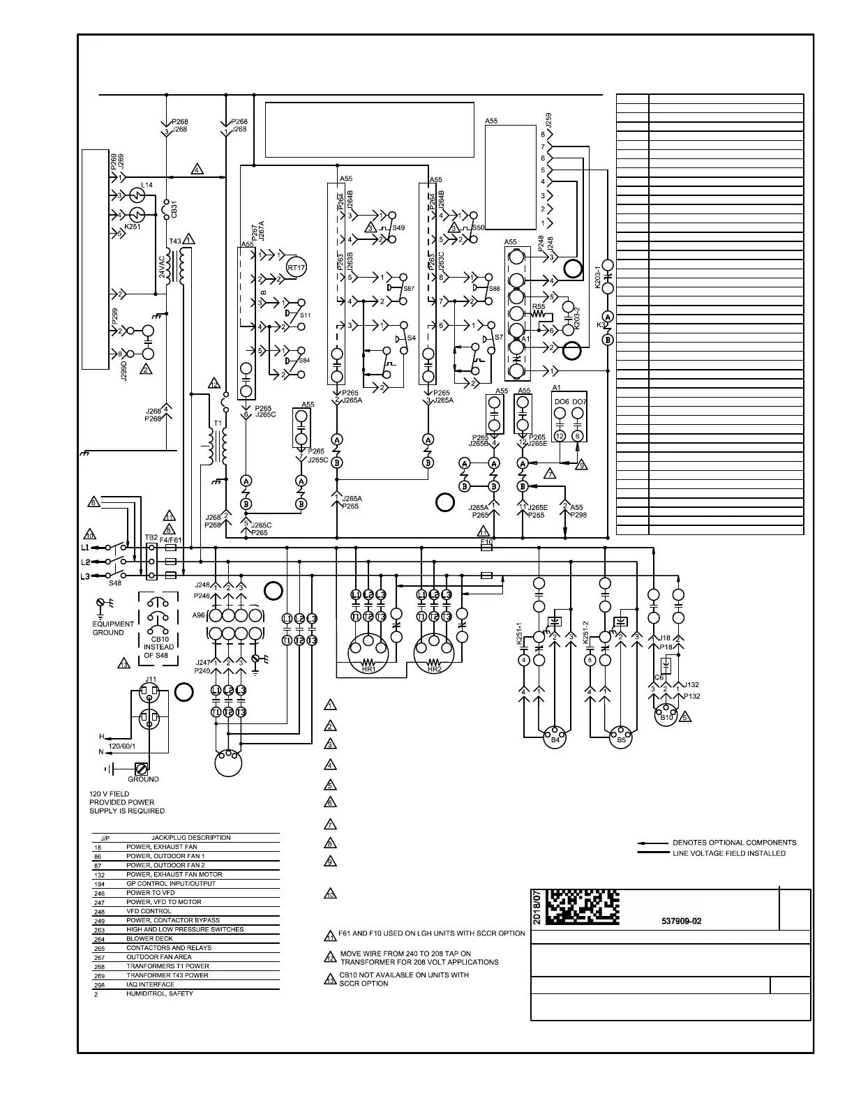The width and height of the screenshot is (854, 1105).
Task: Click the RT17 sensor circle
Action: pyautogui.click(x=297, y=268)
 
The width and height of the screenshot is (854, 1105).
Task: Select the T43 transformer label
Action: pyautogui.click(x=175, y=241)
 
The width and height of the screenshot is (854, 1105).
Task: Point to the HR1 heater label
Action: pyautogui.click(x=368, y=669)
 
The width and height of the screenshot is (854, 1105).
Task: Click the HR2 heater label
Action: pyautogui.click(x=434, y=669)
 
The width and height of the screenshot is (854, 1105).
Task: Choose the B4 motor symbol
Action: pyautogui.click(x=555, y=739)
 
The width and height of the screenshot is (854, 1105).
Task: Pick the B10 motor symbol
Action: pyautogui.click(x=666, y=717)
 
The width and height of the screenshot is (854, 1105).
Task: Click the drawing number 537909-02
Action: pyautogui.click(x=681, y=921)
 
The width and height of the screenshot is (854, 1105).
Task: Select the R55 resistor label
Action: pyautogui.click(x=538, y=307)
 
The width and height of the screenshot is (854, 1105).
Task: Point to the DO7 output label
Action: pyautogui.click(x=579, y=402)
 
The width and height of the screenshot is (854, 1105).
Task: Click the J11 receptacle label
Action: pyautogui.click(x=150, y=679)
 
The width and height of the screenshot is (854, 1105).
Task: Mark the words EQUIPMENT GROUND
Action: pyautogui.click(x=113, y=629)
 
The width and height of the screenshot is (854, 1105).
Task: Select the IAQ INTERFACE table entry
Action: pyautogui.click(x=151, y=984)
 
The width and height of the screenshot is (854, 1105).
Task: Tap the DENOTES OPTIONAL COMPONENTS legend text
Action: pyautogui.click(x=734, y=843)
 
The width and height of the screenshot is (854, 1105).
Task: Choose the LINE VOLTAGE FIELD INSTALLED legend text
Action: pyautogui.click(x=728, y=853)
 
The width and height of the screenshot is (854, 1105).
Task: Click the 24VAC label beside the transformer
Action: pyautogui.click(x=162, y=266)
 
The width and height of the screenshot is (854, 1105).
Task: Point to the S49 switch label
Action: pyautogui.click(x=398, y=228)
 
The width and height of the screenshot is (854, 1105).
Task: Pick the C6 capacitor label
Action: pyautogui.click(x=659, y=677)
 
